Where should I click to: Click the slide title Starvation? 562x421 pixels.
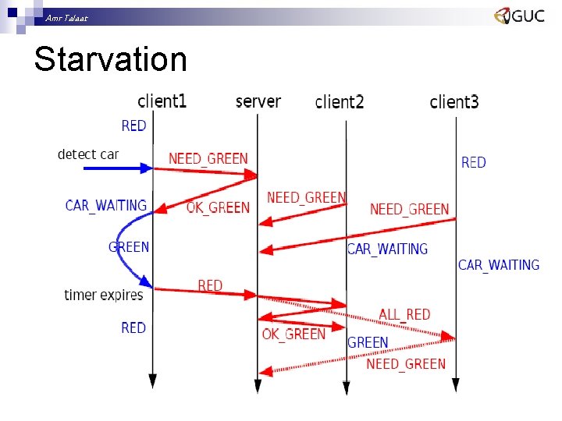(110, 60)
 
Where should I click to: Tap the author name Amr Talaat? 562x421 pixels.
(66, 17)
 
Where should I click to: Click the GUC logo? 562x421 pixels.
(519, 16)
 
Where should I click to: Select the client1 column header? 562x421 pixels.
(162, 101)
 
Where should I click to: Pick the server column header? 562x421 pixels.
(258, 101)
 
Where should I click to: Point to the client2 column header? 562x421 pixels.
(340, 102)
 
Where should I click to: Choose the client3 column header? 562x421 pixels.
(454, 102)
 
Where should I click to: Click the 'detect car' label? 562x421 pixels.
(87, 154)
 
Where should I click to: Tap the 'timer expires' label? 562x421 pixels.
(104, 295)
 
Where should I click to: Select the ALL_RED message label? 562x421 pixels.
(404, 314)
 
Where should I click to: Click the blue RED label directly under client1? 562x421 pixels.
(133, 126)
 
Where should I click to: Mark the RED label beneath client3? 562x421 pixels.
(473, 162)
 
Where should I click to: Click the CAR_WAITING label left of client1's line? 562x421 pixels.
(106, 205)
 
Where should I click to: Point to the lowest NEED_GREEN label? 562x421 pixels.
(406, 363)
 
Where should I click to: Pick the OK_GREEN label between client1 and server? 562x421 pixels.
(218, 207)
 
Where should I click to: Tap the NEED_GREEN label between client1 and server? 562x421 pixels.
(208, 159)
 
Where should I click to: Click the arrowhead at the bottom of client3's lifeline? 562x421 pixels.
(457, 384)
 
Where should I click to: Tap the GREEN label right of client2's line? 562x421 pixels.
(368, 342)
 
